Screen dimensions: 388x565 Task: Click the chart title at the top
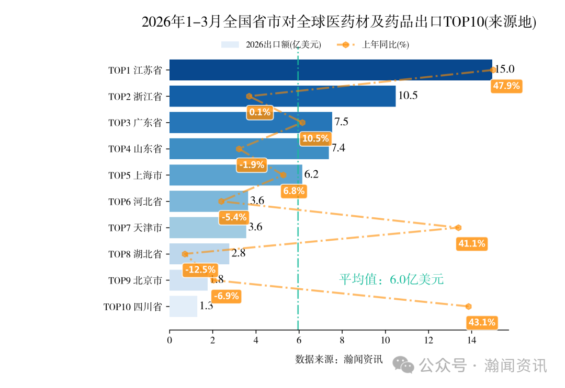pos(339,22)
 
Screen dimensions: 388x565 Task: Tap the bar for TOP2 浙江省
pos(282,96)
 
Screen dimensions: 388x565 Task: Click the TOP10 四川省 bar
pos(183,306)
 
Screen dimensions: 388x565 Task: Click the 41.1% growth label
pos(472,243)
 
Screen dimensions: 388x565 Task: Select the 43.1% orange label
pos(481,322)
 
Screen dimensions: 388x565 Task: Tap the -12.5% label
pos(199,269)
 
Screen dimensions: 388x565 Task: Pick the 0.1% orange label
pos(260,112)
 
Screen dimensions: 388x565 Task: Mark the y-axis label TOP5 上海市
pos(135,175)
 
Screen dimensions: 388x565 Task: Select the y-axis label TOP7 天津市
pos(135,228)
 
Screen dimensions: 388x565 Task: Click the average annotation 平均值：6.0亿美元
pos(391,279)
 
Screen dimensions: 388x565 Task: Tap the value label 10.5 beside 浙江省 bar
pos(408,96)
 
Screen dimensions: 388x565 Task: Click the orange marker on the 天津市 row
pos(458,228)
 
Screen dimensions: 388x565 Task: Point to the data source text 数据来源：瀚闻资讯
pos(339,359)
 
